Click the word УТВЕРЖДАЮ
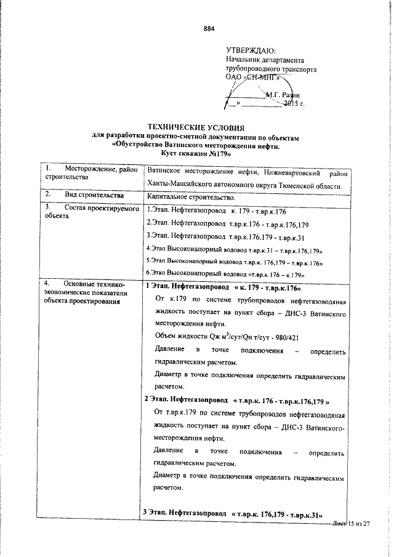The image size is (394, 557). coord(251,50)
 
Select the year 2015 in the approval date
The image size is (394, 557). coord(291,103)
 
